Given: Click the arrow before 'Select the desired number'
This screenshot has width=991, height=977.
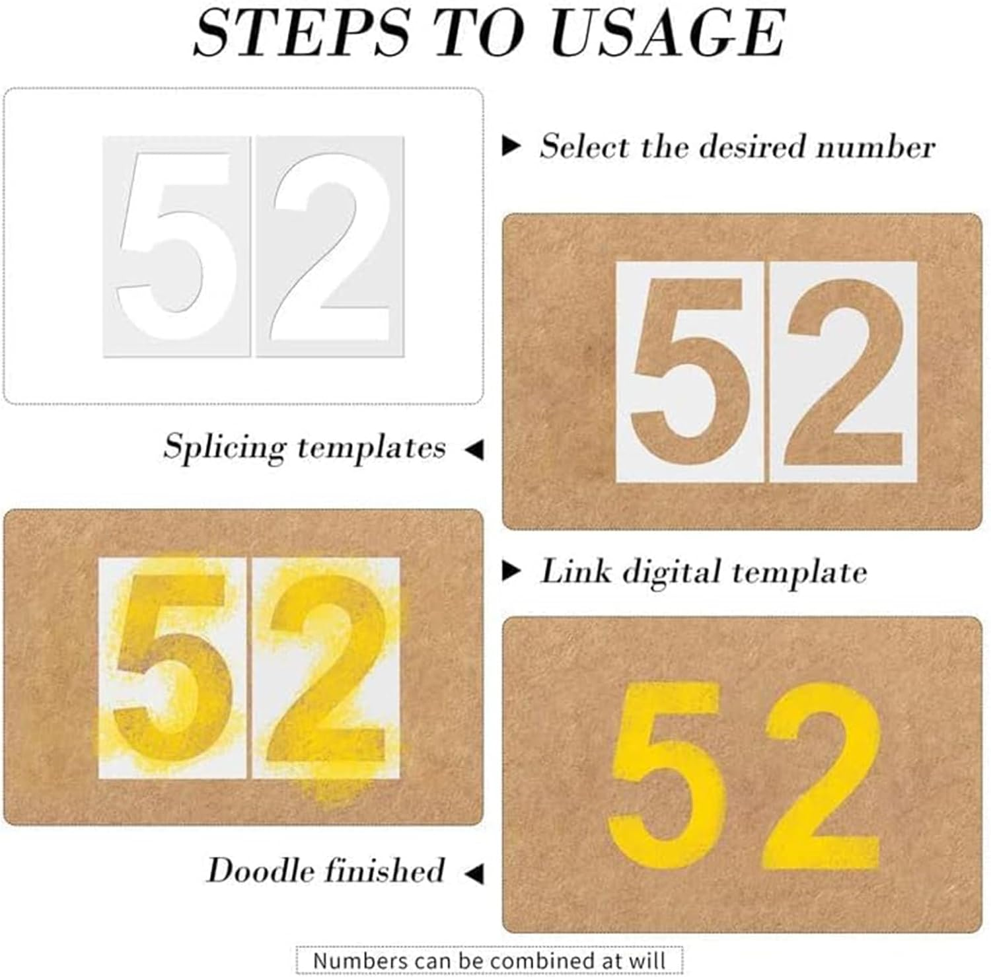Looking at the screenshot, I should tap(511, 145).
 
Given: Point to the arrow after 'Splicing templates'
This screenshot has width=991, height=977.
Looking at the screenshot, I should tap(474, 450).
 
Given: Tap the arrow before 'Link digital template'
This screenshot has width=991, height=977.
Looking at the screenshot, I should tap(511, 571).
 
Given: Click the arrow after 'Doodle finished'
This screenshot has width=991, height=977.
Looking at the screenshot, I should tap(474, 873).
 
